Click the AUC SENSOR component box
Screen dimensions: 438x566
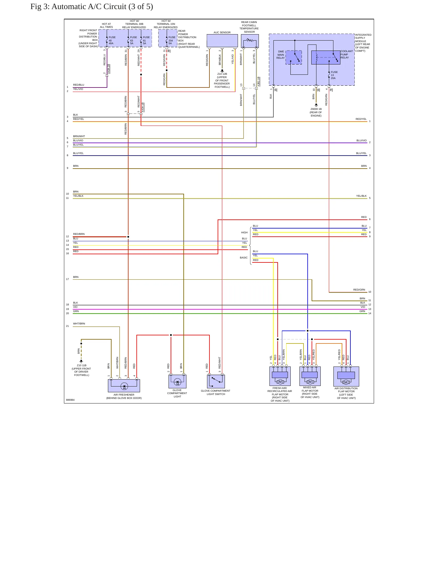(222, 41)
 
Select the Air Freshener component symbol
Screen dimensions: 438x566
(124, 386)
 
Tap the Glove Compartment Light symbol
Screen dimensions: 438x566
(177, 381)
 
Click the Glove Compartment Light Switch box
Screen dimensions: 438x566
(216, 381)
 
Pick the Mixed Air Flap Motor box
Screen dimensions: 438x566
(310, 376)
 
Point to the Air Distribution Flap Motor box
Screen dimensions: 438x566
(346, 377)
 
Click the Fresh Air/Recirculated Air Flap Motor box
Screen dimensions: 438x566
(280, 376)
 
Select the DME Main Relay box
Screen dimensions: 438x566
(294, 58)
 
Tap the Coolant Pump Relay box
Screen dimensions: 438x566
(326, 58)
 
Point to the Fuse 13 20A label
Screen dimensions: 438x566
(334, 75)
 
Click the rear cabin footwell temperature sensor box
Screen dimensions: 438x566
(250, 41)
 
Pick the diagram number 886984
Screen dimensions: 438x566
(70, 400)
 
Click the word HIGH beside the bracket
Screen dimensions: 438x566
(244, 232)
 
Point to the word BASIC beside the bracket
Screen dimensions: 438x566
(244, 258)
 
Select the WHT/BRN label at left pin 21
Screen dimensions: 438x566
(79, 324)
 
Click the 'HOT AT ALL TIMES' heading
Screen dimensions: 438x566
(106, 25)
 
